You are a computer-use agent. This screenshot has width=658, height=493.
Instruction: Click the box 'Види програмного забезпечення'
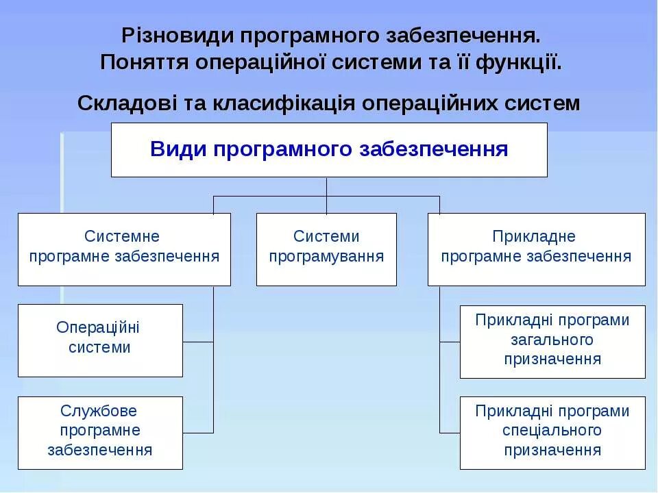click(x=329, y=150)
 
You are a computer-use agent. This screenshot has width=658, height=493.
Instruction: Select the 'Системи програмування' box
click(x=326, y=249)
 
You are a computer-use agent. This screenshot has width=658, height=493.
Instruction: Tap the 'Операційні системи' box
click(x=100, y=340)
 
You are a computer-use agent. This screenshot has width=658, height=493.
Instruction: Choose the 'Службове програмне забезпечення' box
click(x=100, y=433)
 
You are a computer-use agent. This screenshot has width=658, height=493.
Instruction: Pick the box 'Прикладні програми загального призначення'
click(x=552, y=342)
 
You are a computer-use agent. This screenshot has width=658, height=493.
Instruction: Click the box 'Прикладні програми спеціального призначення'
click(x=552, y=433)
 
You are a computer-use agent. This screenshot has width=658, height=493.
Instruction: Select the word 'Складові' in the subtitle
click(x=128, y=104)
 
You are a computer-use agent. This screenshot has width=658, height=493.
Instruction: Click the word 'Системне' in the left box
click(x=122, y=237)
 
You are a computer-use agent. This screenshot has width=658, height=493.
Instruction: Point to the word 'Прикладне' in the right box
click(x=534, y=237)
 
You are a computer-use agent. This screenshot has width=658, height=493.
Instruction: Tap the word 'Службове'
click(x=99, y=412)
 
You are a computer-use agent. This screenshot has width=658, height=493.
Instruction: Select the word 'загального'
click(x=552, y=340)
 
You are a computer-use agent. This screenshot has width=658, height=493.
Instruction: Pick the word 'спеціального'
click(x=552, y=431)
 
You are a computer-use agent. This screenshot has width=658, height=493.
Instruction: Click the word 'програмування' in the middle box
click(x=326, y=257)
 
